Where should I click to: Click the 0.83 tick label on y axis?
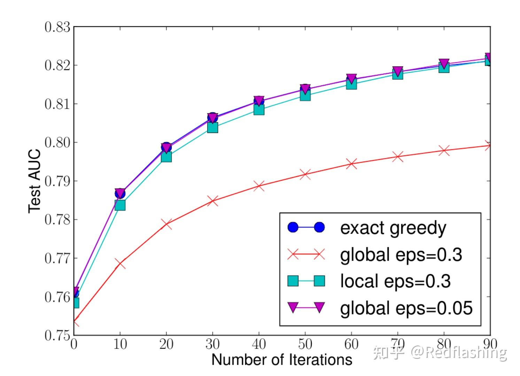click(57, 27)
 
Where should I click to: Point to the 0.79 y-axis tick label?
click(57, 181)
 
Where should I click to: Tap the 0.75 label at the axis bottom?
click(57, 335)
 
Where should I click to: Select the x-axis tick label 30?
click(212, 344)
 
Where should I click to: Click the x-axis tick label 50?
click(305, 344)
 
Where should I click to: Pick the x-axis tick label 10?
click(120, 344)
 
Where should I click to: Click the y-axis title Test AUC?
click(34, 181)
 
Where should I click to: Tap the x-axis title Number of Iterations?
click(282, 360)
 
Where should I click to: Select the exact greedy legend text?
click(393, 228)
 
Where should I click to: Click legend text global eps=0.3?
click(401, 255)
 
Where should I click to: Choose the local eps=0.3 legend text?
click(395, 281)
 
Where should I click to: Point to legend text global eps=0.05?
click(406, 308)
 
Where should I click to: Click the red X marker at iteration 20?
click(166, 224)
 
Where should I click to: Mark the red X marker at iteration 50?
click(305, 174)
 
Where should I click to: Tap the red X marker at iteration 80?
click(444, 151)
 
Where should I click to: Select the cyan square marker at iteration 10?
click(120, 205)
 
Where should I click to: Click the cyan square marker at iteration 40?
click(259, 110)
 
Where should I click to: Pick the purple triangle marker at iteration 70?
click(397, 71)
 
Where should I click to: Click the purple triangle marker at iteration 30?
click(212, 118)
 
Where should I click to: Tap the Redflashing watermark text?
click(459, 353)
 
